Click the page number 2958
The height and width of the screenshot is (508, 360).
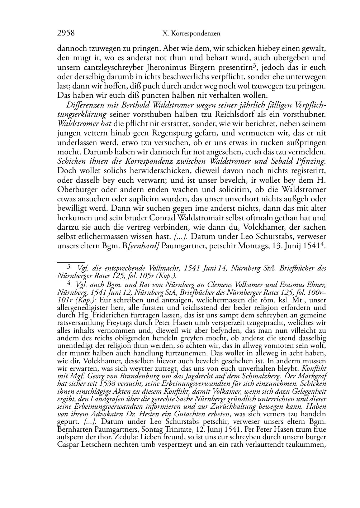pos(66,33)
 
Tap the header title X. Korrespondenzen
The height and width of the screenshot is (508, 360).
pos(191,34)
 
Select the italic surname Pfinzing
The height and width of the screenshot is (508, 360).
pos(310,161)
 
